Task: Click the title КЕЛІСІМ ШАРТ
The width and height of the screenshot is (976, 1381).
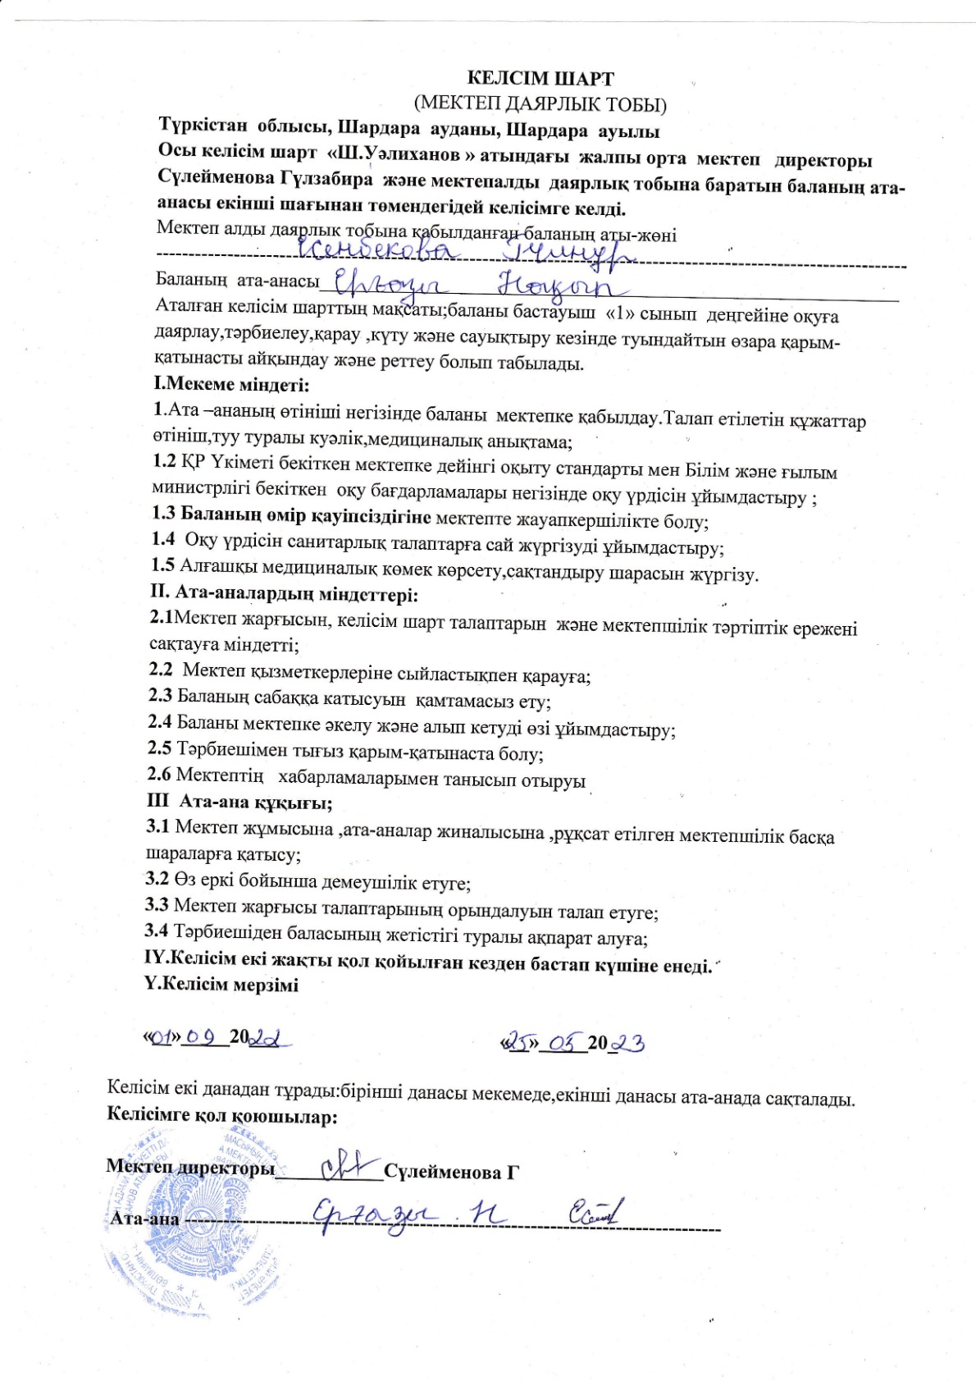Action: [x=540, y=79]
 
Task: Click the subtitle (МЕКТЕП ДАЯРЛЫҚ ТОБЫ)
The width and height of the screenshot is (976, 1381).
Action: [x=540, y=104]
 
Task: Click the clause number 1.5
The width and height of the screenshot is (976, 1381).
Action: [x=163, y=565]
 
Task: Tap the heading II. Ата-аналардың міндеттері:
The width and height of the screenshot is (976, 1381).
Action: [x=285, y=592]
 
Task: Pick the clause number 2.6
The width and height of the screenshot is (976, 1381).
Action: [x=159, y=774]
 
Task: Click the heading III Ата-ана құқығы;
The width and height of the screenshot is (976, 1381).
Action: [x=239, y=801]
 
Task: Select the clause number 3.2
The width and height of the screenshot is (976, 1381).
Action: [x=157, y=879]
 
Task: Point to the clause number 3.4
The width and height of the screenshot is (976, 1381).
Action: [x=157, y=931]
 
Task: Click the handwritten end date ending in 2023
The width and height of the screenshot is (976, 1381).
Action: [x=573, y=1043]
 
